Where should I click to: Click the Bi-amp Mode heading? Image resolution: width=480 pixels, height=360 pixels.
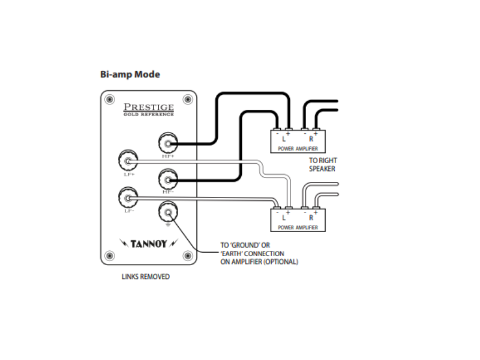click(130, 75)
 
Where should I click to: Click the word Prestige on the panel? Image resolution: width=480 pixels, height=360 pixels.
click(148, 107)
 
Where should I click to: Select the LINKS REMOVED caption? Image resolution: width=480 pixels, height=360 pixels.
click(146, 277)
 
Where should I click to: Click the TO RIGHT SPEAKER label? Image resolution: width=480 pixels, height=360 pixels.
click(322, 164)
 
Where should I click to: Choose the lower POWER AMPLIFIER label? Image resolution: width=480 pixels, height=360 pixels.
click(298, 229)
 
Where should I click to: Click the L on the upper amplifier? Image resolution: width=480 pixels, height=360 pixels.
click(283, 139)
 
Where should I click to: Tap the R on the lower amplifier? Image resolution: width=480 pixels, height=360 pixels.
click(311, 218)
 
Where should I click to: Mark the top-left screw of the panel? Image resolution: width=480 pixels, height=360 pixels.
click(109, 99)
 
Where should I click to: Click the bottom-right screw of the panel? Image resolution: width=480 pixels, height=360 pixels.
click(188, 256)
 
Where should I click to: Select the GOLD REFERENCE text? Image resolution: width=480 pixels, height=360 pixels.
click(148, 113)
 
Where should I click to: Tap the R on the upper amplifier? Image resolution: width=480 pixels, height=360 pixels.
click(311, 139)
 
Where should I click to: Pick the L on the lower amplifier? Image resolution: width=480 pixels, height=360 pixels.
click(283, 218)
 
